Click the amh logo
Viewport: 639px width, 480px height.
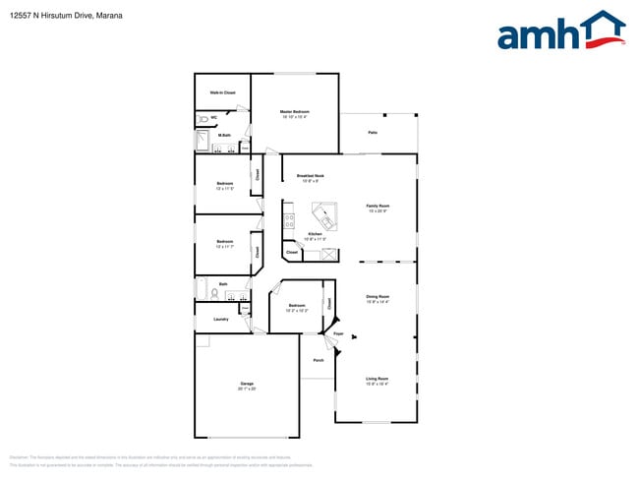pos(560,31)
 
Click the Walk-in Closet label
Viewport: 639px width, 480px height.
pos(222,92)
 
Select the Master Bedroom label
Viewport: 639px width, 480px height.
pos(295,112)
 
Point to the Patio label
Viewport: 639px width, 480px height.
pos(373,132)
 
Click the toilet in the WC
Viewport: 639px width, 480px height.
pos(202,118)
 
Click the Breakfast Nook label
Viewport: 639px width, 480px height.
pos(311,176)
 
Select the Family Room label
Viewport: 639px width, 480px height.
pos(379,206)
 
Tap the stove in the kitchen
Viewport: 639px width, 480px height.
pos(289,221)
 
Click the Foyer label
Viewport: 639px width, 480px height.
pos(337,335)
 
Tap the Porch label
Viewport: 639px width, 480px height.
pos(319,361)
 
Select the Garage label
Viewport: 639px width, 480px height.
pos(247,384)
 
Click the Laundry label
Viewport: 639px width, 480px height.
pos(221,319)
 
